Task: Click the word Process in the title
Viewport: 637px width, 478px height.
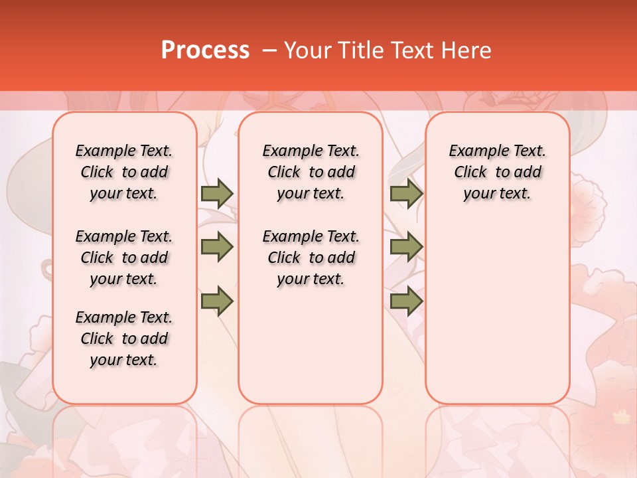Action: [205, 50]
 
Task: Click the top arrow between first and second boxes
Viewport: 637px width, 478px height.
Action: [217, 193]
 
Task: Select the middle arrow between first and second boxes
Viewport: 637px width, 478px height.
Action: [217, 247]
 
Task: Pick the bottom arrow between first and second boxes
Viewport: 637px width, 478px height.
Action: [217, 301]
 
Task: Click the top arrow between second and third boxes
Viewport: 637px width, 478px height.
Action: [406, 193]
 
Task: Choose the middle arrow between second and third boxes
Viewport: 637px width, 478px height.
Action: [406, 247]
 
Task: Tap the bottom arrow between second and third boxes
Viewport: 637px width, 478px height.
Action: [406, 301]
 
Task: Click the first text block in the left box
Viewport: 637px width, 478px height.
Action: [124, 172]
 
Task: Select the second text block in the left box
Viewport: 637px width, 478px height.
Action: [124, 258]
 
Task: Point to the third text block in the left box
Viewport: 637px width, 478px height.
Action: [124, 339]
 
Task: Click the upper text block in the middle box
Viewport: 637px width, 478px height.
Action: [311, 172]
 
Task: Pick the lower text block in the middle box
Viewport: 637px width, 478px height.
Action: [311, 258]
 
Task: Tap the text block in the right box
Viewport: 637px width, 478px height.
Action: [498, 172]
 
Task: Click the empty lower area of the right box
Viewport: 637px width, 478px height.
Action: [498, 312]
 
